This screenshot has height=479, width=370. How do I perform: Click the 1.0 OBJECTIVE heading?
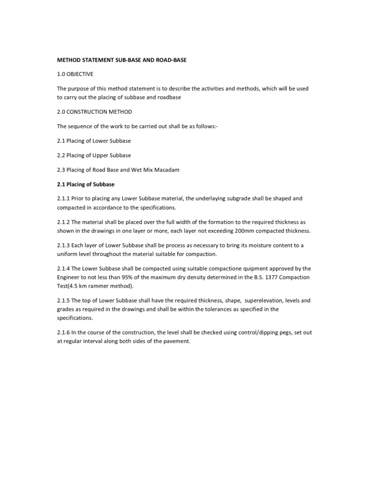75,74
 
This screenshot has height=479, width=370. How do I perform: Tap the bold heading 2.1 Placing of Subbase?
86,184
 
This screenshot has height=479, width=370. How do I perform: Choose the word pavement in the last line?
179,342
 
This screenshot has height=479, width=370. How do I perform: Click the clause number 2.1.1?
64,198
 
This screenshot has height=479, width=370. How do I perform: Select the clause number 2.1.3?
64,245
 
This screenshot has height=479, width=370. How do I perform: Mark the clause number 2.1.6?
64,333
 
